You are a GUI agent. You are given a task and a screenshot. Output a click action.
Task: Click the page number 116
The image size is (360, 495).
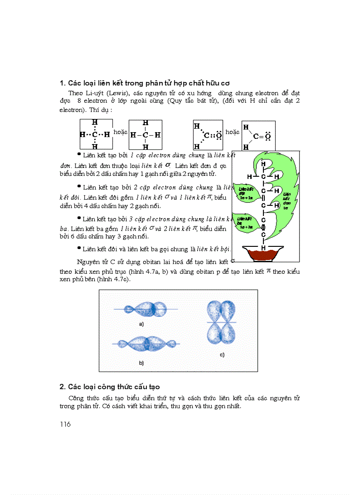[x=65, y=424]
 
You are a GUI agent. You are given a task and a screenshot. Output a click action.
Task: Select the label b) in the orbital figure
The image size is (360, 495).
[x=141, y=363]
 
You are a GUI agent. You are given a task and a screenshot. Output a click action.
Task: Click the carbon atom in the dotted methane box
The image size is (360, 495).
[x=94, y=134]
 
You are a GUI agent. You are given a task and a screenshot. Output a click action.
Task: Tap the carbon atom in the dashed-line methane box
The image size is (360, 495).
[x=145, y=135]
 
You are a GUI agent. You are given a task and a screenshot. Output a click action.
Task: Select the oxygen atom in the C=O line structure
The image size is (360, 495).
[x=267, y=137]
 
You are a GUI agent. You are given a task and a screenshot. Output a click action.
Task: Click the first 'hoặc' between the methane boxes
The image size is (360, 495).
[x=120, y=132]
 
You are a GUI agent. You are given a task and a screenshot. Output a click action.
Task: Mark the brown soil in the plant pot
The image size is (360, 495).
[x=263, y=255]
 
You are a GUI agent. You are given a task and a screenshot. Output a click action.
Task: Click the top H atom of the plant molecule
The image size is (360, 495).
[x=263, y=164]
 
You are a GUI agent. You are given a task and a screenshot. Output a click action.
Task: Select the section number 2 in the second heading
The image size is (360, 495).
[x=62, y=387]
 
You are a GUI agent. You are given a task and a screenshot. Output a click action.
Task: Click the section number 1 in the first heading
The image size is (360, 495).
[x=62, y=83]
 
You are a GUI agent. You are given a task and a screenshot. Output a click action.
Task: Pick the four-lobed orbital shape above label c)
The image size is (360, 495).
[x=221, y=322]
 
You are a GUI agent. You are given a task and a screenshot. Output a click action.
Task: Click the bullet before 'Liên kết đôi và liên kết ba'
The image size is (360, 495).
[x=79, y=248]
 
